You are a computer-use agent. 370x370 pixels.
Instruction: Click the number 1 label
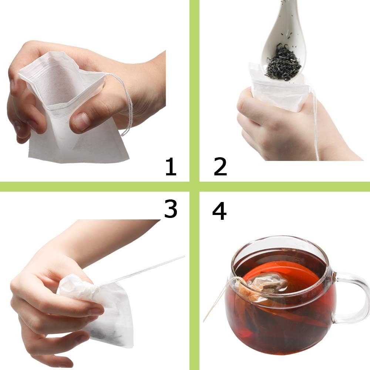(x=170, y=166)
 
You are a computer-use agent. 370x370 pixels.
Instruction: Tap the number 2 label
(x=220, y=166)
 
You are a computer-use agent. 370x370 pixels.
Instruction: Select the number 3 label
(x=171, y=209)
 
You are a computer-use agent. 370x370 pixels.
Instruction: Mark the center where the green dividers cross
(x=194, y=186)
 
